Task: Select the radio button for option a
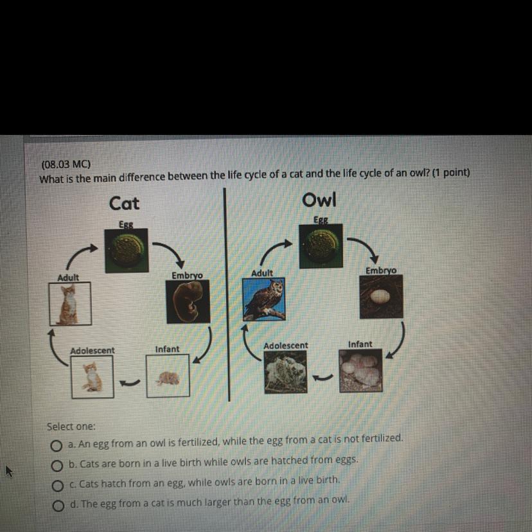pyautogui.click(x=57, y=446)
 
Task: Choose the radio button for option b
pyautogui.click(x=57, y=466)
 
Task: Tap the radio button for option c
pyautogui.click(x=57, y=486)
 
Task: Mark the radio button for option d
pyautogui.click(x=58, y=506)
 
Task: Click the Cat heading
pyautogui.click(x=124, y=204)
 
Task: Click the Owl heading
pyautogui.click(x=319, y=199)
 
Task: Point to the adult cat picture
pyautogui.click(x=70, y=304)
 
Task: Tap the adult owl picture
pyautogui.click(x=264, y=299)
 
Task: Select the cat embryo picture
pyautogui.click(x=188, y=301)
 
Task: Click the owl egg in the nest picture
pyautogui.click(x=382, y=297)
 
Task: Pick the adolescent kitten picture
pyautogui.click(x=93, y=377)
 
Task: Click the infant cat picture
pyautogui.click(x=168, y=376)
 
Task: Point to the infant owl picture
pyautogui.click(x=360, y=371)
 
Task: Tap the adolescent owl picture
pyautogui.click(x=286, y=372)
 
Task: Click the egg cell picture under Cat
pyautogui.click(x=127, y=251)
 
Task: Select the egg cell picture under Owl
pyautogui.click(x=321, y=246)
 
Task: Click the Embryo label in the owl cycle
pyautogui.click(x=380, y=270)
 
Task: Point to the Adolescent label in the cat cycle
pyautogui.click(x=93, y=351)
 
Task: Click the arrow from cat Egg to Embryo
pyautogui.click(x=172, y=251)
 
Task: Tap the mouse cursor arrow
pyautogui.click(x=8, y=471)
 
